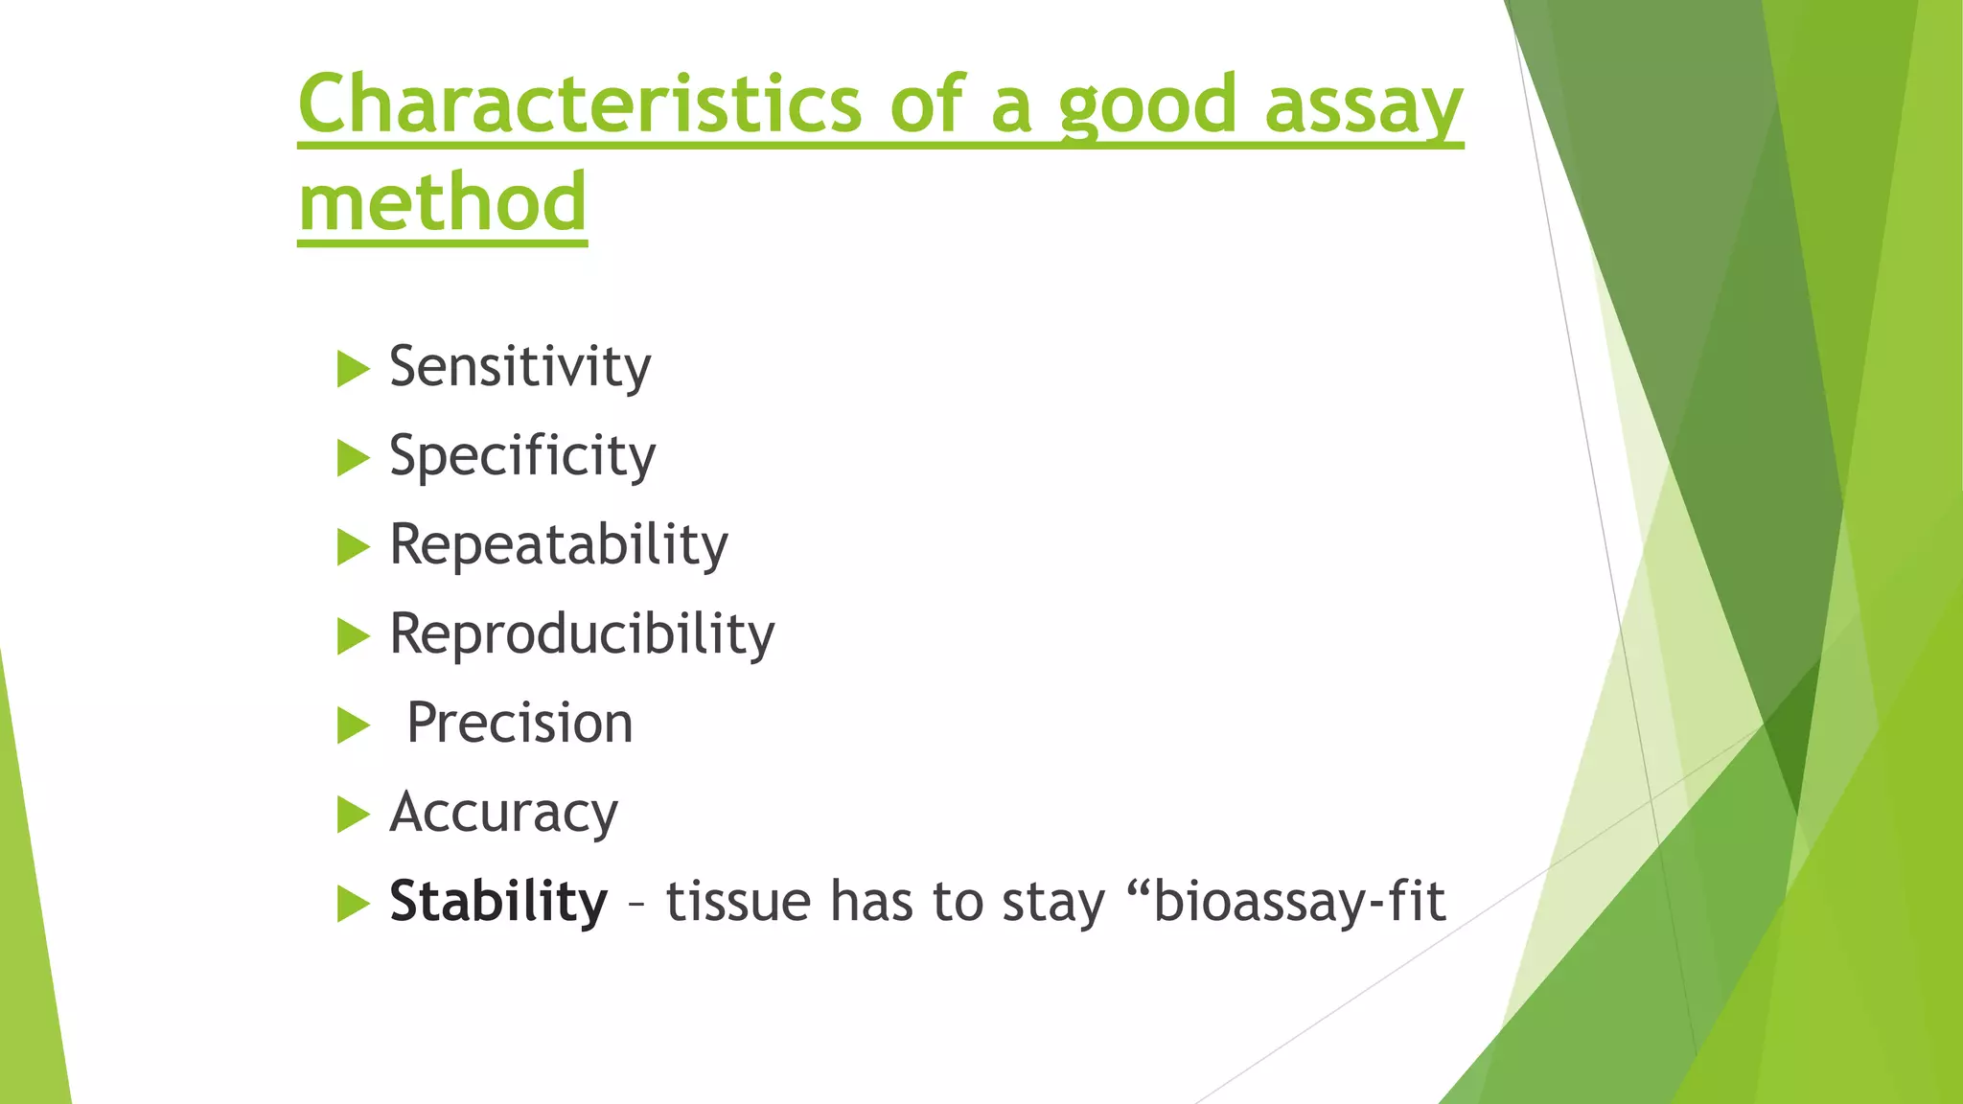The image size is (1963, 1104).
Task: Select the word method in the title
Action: (442, 202)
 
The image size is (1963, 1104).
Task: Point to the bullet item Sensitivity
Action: (520, 367)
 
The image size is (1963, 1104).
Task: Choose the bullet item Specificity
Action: (522, 456)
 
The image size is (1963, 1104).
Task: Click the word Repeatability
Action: (558, 545)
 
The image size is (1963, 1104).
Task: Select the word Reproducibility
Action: (582, 634)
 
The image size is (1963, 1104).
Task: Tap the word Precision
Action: (520, 723)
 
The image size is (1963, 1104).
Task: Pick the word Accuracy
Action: (503, 814)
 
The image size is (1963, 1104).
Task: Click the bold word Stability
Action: (498, 902)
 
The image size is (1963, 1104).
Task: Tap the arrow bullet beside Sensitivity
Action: (353, 369)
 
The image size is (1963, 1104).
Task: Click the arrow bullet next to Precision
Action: (353, 725)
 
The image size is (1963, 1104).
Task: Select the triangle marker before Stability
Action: (353, 904)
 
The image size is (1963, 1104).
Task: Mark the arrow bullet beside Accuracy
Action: (353, 815)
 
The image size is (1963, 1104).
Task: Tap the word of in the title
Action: (926, 103)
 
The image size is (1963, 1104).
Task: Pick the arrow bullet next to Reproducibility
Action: (353, 636)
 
